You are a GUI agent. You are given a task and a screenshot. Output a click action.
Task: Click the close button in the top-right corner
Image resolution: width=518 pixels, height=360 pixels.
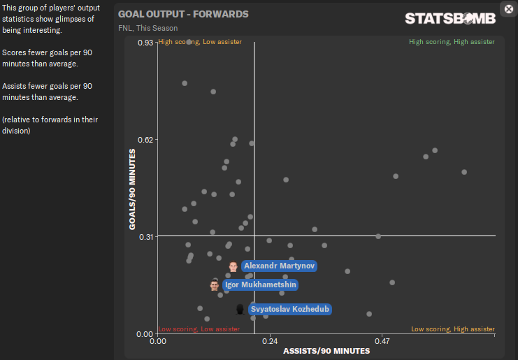[508, 8]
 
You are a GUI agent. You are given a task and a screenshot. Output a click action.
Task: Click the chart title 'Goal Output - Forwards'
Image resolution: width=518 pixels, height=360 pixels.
[183, 14]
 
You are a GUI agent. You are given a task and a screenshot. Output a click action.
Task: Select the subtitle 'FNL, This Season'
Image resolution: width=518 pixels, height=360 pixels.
[148, 28]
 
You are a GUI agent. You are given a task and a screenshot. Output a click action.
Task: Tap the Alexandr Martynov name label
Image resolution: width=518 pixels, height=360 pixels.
[280, 266]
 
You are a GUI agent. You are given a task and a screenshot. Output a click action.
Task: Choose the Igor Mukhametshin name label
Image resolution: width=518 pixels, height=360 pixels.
[261, 285]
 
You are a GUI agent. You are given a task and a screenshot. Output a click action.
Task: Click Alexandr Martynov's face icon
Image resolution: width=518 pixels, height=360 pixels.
[233, 266]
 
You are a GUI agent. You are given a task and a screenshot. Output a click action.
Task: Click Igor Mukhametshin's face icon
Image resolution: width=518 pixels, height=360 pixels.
[214, 285]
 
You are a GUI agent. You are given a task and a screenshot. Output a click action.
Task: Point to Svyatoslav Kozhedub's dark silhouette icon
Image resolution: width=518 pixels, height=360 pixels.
[240, 309]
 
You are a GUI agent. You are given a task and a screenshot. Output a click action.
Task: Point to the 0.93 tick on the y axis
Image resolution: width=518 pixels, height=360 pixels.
[145, 43]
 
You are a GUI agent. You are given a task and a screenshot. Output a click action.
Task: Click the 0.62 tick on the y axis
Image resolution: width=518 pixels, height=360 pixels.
[145, 140]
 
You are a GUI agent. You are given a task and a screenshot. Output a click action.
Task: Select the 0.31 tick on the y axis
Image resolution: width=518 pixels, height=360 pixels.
[145, 236]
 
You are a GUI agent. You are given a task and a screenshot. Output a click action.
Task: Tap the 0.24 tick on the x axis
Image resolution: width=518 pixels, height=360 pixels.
[270, 343]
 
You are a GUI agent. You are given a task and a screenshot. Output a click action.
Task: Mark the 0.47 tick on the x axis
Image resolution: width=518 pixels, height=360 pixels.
[382, 343]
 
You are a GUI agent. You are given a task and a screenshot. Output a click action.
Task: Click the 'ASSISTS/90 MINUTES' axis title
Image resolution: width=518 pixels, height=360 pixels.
[326, 351]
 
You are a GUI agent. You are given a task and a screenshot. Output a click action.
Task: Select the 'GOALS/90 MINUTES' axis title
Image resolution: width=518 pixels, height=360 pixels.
[133, 188]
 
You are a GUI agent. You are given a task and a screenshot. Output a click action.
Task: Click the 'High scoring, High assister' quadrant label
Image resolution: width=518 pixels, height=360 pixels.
[452, 42]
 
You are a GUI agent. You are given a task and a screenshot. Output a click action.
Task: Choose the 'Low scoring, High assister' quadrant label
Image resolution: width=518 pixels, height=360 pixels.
[452, 329]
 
